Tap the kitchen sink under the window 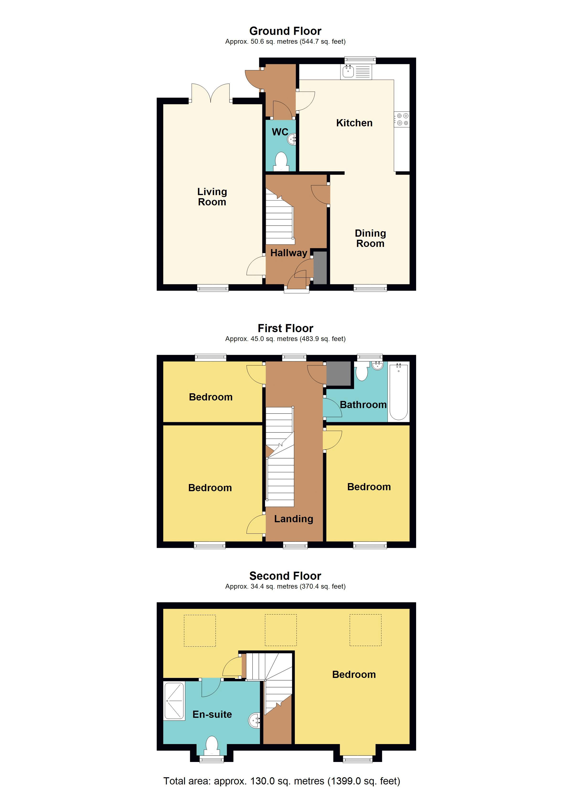pos(348,72)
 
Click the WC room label pos(280,132)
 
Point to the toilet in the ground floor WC pos(281,162)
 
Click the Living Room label pos(212,197)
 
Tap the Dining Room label pos(370,238)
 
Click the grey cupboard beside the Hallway pos(320,267)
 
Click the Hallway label pos(288,253)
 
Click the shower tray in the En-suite pos(174,701)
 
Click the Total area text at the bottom pos(281,781)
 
